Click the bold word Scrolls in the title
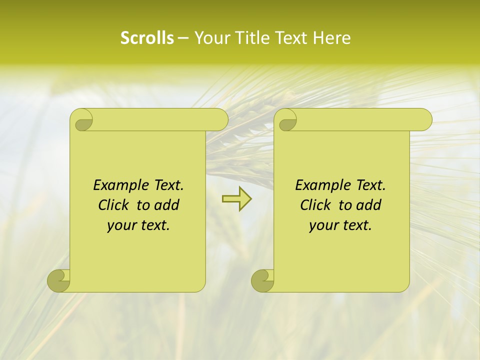[147, 38]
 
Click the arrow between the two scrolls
[236, 199]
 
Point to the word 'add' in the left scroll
[167, 205]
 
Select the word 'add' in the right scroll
[369, 205]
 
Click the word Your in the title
[208, 38]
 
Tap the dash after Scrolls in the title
[182, 38]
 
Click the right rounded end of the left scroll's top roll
[222, 119]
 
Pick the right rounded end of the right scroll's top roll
[426, 119]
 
